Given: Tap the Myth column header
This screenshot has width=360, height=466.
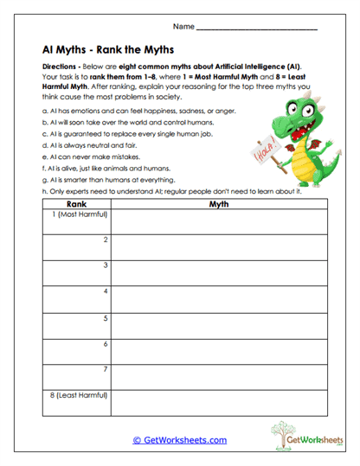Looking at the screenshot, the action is [217, 204].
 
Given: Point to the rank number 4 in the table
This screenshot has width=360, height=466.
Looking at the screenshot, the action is [106, 291].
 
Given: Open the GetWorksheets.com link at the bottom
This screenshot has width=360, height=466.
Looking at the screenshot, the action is [180, 440].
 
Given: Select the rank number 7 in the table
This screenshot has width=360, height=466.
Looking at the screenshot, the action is [106, 369].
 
